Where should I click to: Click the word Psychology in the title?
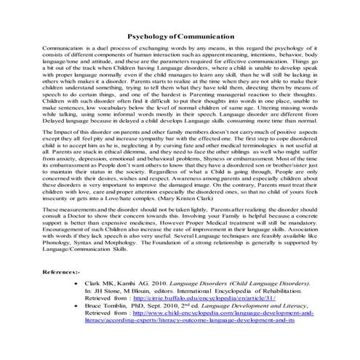coord(150,34)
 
